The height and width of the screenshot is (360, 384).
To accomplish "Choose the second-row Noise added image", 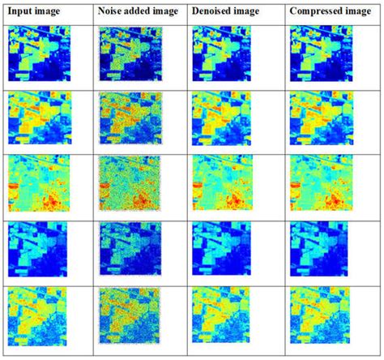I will (x=130, y=119).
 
